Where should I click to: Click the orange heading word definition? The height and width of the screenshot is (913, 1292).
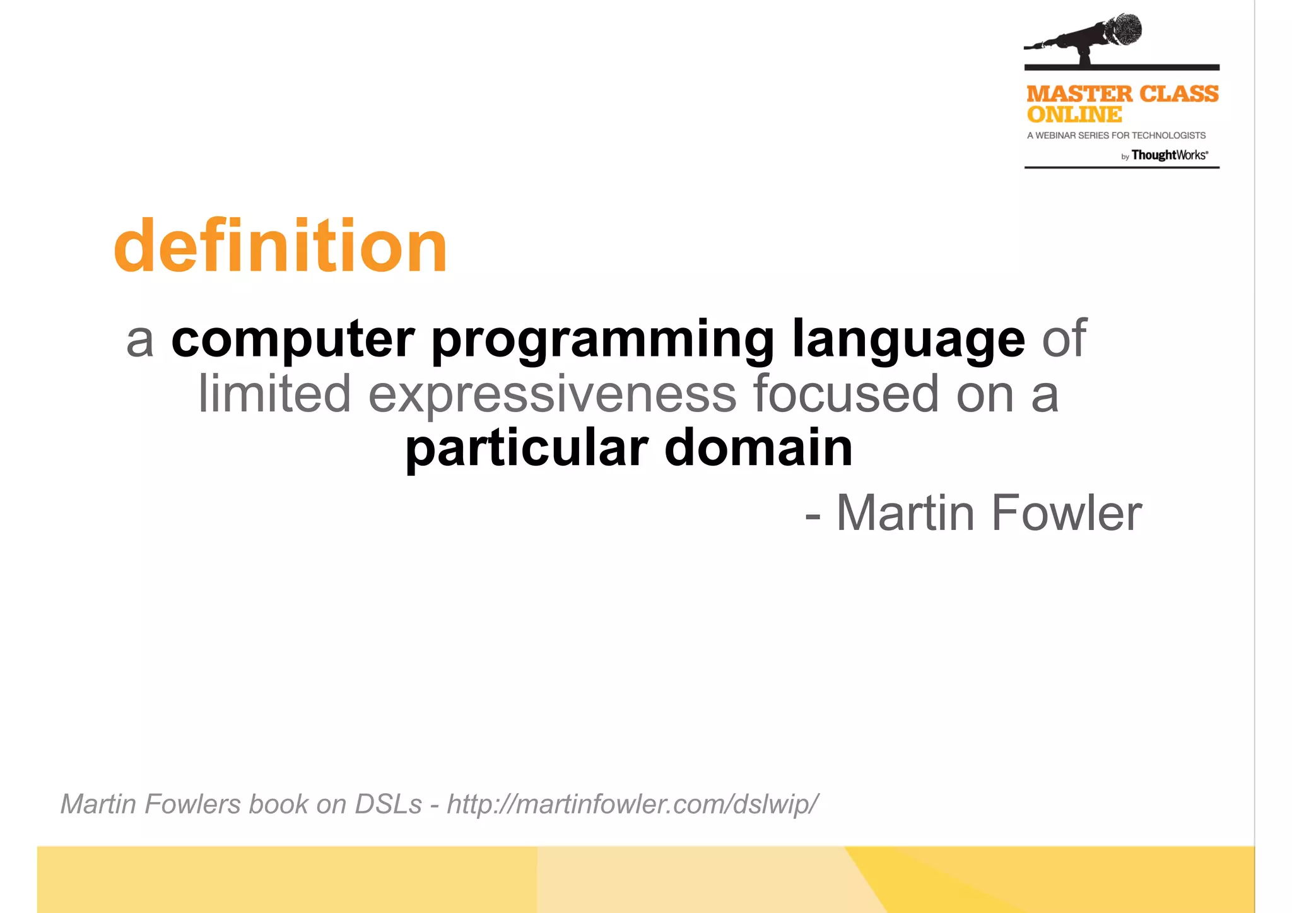[280, 246]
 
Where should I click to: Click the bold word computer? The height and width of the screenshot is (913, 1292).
[293, 339]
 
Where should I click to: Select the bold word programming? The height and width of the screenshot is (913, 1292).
[602, 341]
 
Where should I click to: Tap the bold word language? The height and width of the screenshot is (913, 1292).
[908, 341]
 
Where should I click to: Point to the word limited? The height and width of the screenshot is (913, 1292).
[274, 394]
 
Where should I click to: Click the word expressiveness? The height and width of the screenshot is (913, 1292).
[552, 395]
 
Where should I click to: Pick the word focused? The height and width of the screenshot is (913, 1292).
[846, 394]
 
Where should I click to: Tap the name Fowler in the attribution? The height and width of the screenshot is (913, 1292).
[1066, 513]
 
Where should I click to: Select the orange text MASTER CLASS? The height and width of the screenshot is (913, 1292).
[1122, 94]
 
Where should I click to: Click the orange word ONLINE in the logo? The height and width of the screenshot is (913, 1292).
[1074, 115]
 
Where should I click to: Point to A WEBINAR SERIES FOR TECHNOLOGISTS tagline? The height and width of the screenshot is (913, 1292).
[1116, 136]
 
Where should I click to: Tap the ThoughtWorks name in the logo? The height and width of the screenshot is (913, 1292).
[1169, 155]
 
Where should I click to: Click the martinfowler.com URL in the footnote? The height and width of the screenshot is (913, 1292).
[632, 804]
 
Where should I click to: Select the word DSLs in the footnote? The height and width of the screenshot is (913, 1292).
[388, 804]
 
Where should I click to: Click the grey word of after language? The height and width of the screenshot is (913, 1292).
[1064, 339]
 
